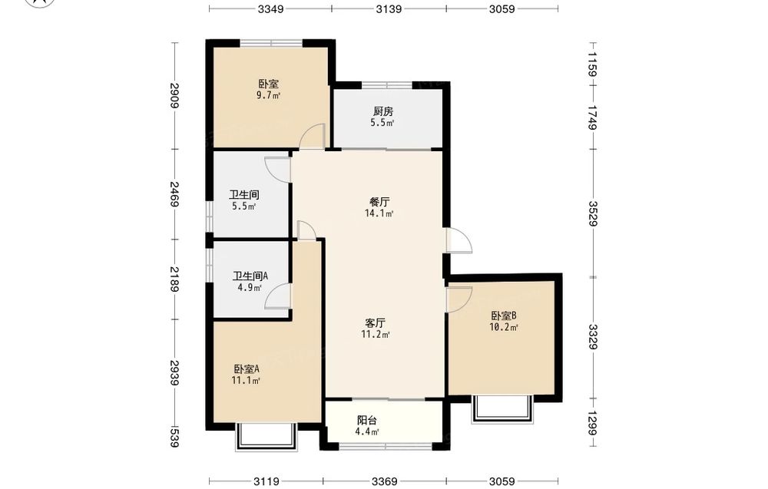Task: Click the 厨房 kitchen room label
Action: coord(382,111)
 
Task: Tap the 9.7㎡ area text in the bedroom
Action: coord(268,95)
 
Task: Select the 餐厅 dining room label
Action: coord(379,202)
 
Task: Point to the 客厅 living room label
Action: coord(376,323)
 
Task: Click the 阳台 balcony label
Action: coord(367,420)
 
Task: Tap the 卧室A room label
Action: coord(246,368)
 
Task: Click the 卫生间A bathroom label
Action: coord(250,276)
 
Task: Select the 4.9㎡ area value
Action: coord(250,288)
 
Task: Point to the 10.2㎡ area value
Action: coord(504,328)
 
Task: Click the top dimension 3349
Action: coord(270,8)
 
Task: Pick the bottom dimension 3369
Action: coord(385,481)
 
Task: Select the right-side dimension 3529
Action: coord(593,213)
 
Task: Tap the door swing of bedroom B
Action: coord(459,299)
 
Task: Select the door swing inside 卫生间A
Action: coord(278,296)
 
